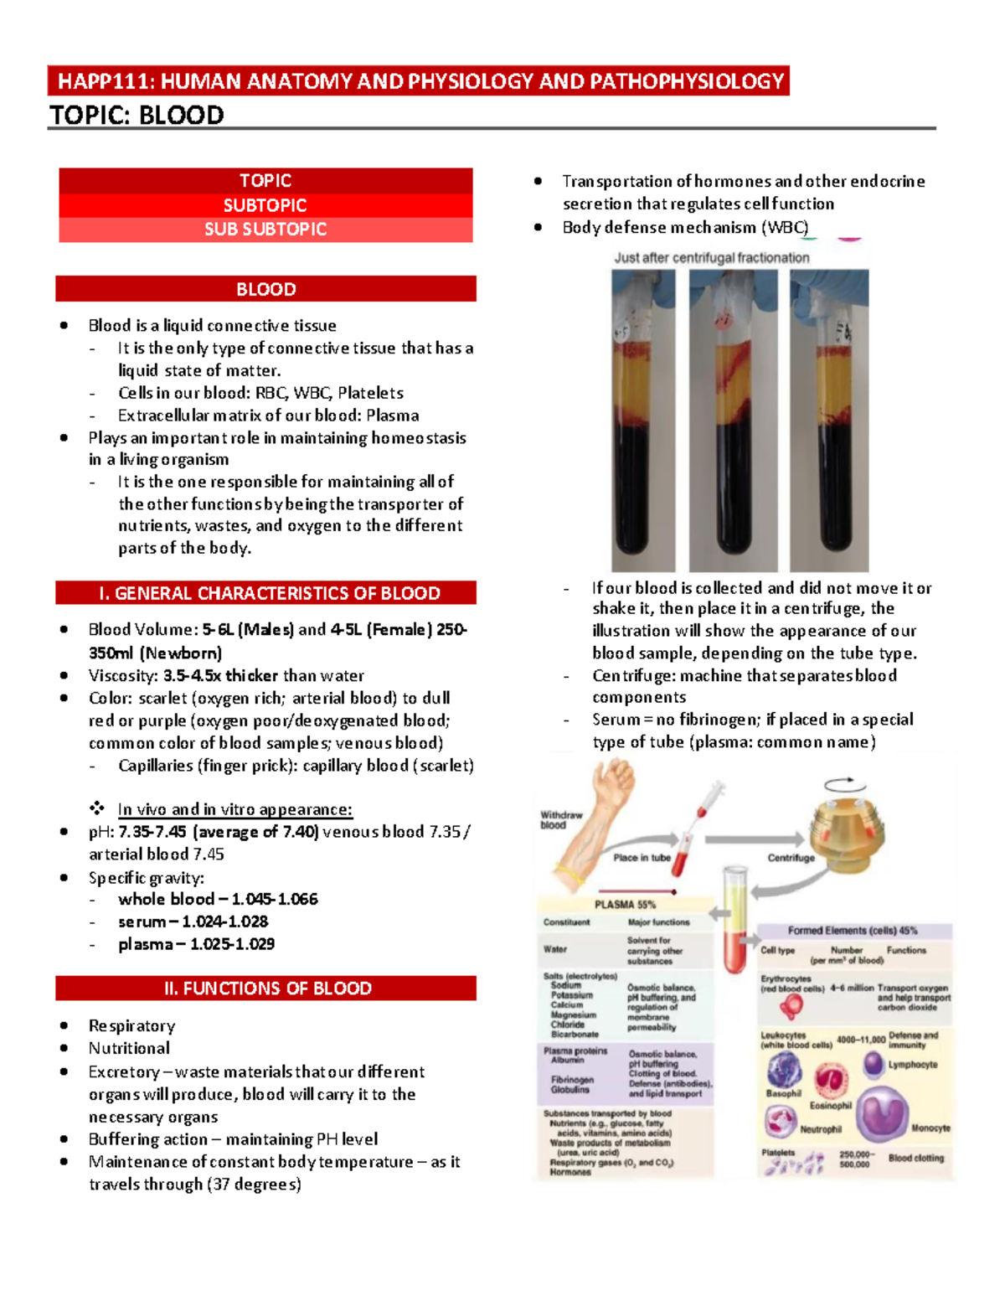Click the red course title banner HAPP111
[x=419, y=81]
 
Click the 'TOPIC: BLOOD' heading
[x=137, y=115]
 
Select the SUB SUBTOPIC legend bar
[x=265, y=230]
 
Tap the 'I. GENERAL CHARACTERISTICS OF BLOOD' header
[x=265, y=593]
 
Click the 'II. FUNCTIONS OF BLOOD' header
[x=265, y=989]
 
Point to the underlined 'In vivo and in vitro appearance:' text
[x=234, y=809]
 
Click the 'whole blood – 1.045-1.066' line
[x=218, y=899]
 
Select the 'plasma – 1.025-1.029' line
[x=196, y=944]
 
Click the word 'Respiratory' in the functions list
[x=131, y=1025]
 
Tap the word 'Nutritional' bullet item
[x=129, y=1048]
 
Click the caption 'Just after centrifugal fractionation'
[x=712, y=258]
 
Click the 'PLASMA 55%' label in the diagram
[x=625, y=905]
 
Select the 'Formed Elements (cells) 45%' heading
[x=852, y=931]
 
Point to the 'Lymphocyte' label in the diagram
[x=913, y=1065]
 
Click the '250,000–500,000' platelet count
[x=854, y=1159]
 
